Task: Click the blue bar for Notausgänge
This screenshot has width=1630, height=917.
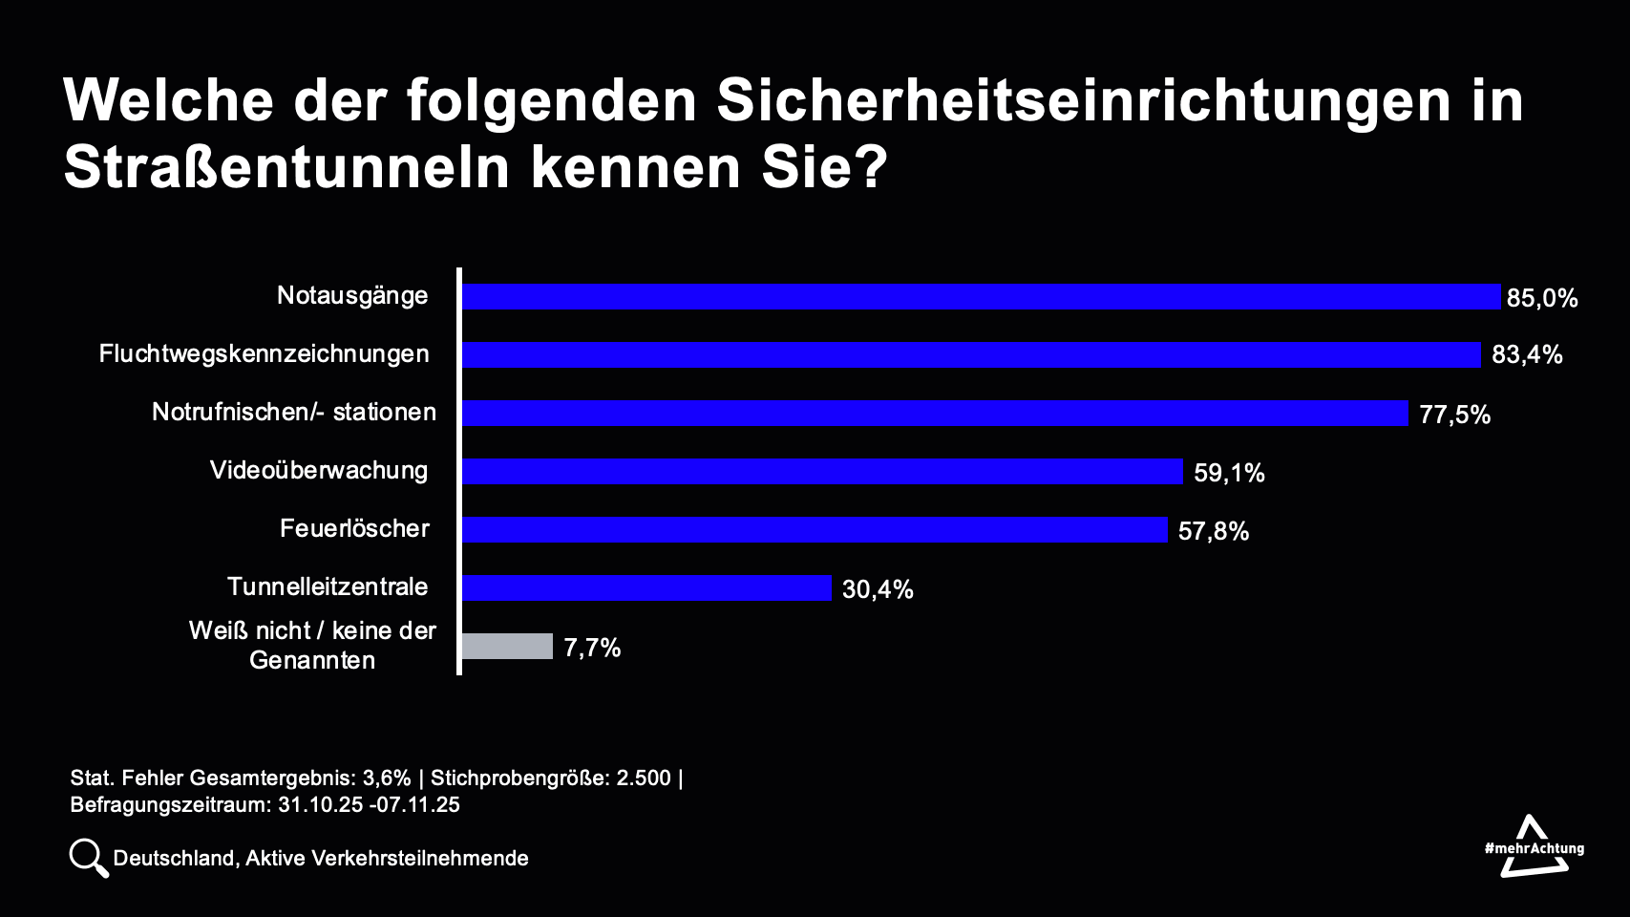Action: pos(981,297)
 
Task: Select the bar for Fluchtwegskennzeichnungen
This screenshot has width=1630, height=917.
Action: pos(971,355)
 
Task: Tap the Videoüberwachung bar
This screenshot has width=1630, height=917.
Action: pos(822,472)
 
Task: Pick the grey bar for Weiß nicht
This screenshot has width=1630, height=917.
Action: pos(507,647)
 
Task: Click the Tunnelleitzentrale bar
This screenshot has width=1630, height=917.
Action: pos(646,588)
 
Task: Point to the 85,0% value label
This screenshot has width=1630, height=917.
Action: pos(1541,298)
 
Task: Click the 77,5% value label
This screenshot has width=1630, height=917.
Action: pos(1454,415)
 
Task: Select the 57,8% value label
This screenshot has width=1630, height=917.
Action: pos(1213,531)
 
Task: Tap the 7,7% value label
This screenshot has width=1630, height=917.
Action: pos(592,648)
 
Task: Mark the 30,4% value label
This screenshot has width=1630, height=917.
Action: pos(878,589)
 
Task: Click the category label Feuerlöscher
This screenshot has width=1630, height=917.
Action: pos(354,528)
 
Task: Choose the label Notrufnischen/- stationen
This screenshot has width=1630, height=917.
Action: pos(294,412)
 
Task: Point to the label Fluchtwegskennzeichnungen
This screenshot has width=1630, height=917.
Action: pos(265,353)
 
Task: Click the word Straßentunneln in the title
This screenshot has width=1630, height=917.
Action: pos(286,168)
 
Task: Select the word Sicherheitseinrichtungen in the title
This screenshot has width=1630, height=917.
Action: pos(1083,100)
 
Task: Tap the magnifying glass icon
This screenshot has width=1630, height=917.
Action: pos(89,858)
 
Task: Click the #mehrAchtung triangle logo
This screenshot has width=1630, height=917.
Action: pos(1534,846)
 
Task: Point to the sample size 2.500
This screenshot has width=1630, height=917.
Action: pos(643,778)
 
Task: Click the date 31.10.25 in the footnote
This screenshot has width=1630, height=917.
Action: pos(320,804)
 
